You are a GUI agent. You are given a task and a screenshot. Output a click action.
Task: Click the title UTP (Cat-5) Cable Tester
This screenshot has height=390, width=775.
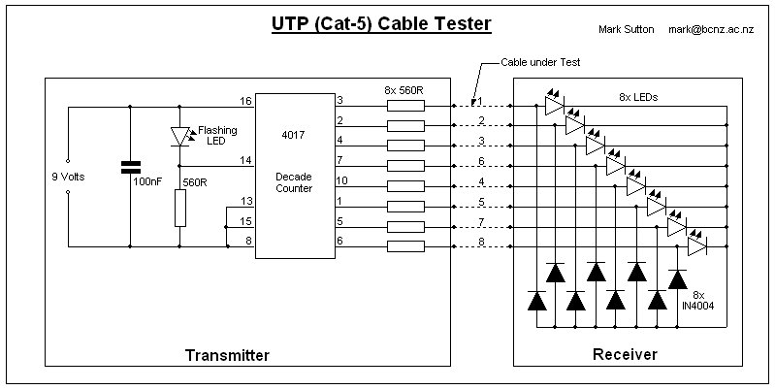pos(381,24)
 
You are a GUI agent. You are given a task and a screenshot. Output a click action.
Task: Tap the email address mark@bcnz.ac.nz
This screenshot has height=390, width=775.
pos(711,29)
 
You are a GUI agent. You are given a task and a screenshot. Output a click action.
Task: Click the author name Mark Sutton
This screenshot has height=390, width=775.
pos(627,29)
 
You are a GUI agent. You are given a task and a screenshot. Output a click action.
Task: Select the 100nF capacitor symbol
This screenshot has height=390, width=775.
pos(131,167)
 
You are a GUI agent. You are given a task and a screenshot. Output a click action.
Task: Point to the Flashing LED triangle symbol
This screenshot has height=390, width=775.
pos(179,137)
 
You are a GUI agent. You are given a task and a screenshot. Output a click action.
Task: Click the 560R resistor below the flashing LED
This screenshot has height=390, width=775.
pos(179,208)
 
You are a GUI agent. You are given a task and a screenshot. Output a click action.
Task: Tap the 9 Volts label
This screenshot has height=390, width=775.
pos(68,177)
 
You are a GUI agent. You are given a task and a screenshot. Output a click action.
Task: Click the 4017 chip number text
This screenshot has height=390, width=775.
pos(294,135)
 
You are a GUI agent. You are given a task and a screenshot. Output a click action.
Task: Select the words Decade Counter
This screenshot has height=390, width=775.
pos(294,182)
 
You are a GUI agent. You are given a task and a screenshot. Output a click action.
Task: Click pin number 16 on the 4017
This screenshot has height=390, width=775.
pos(246,101)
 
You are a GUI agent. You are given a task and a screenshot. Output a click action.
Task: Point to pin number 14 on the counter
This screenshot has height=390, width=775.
pos(246,160)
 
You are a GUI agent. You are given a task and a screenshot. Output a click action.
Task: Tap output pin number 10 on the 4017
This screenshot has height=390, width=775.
pos(342,180)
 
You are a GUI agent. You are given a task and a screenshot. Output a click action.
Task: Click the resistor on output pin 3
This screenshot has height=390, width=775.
pos(405,106)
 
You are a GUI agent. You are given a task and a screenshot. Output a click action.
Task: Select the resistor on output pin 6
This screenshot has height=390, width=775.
pos(405,246)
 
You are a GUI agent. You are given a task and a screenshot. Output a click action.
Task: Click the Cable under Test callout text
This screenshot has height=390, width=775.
pos(540,62)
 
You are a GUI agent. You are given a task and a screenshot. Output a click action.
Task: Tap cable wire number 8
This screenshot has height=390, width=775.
pos(481,242)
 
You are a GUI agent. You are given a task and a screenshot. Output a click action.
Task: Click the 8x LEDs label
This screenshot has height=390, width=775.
pos(638,97)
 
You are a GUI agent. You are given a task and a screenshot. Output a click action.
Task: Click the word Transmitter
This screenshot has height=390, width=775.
pos(227,355)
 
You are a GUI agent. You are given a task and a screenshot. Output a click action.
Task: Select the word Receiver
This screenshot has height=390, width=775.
pos(625,354)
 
